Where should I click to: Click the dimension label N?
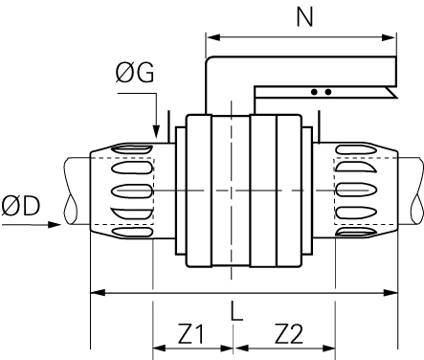tap(304, 17)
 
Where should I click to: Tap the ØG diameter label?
tap(134, 73)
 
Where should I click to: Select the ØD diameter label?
tap(21, 206)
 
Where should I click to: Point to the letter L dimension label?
tap(236, 310)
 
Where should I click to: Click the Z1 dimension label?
tap(190, 334)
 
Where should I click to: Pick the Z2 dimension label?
tap(289, 334)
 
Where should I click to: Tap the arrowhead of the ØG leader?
tap(156, 131)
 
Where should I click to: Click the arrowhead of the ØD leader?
tap(55, 224)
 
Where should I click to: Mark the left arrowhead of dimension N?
tap(213, 37)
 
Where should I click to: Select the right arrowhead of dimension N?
tap(389, 37)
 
